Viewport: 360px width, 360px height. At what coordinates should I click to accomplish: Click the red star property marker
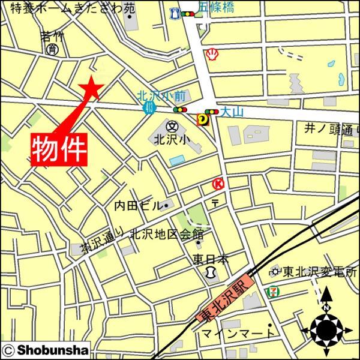click(91, 88)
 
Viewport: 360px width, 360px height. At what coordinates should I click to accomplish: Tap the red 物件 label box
click(59, 148)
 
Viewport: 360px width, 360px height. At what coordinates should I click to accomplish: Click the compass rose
click(326, 328)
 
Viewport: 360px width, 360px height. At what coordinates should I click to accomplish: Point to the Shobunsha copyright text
click(46, 349)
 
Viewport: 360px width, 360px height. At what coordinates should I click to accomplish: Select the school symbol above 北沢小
click(172, 127)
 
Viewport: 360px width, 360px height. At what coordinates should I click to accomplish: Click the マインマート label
click(238, 333)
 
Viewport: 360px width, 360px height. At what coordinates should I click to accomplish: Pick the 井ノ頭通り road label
click(329, 128)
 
